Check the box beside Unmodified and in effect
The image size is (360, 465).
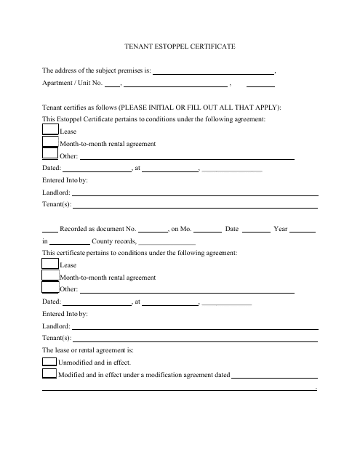coord(49,362)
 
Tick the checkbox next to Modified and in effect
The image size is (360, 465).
coord(49,374)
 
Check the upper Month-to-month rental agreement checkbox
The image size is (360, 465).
coord(49,143)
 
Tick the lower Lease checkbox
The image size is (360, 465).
coord(49,265)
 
